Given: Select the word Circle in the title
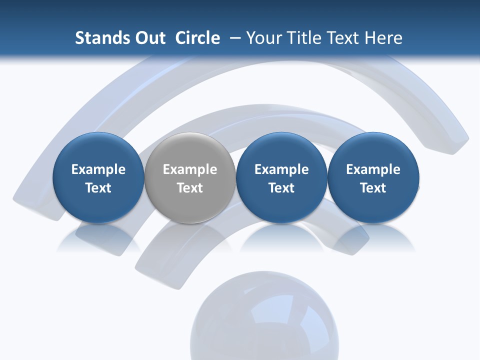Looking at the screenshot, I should point(197,38).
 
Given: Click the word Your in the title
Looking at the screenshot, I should point(262,38).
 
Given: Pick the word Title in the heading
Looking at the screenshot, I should point(299,38).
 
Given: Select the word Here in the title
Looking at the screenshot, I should point(382,38).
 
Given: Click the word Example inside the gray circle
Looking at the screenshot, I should point(190,169).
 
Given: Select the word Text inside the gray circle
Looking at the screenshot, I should point(190,188).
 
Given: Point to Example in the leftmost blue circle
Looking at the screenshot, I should point(98,169).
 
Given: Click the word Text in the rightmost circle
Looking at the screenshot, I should point(373,188).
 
